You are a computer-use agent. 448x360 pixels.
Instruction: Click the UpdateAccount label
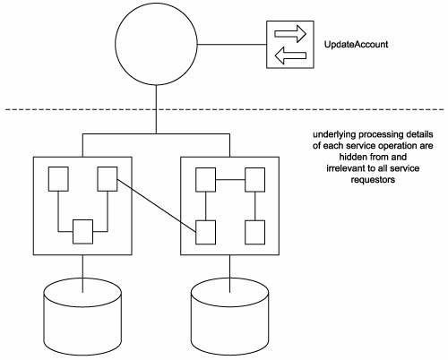(x=356, y=45)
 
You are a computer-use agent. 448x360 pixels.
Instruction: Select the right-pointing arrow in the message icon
(x=290, y=34)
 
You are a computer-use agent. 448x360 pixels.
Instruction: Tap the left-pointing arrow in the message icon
(x=290, y=56)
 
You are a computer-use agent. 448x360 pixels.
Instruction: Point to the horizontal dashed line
(x=225, y=109)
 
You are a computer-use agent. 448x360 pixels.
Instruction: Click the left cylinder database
(x=82, y=316)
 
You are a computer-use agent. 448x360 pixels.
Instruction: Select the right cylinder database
(x=229, y=316)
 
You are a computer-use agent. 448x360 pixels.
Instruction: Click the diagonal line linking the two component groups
(x=156, y=205)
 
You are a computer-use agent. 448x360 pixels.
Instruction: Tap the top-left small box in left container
(x=58, y=179)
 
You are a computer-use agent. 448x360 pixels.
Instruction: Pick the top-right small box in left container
(x=108, y=179)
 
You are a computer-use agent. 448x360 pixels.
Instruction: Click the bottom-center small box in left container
(x=83, y=232)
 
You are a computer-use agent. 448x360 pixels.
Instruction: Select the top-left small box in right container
(x=205, y=180)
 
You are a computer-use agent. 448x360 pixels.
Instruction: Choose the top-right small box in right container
(x=254, y=180)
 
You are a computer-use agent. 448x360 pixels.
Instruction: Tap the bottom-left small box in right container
(x=205, y=232)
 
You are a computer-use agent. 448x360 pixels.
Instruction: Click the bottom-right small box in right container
(x=254, y=232)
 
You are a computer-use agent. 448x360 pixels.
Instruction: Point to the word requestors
(x=373, y=180)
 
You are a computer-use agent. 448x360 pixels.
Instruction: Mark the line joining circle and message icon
(x=232, y=45)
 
